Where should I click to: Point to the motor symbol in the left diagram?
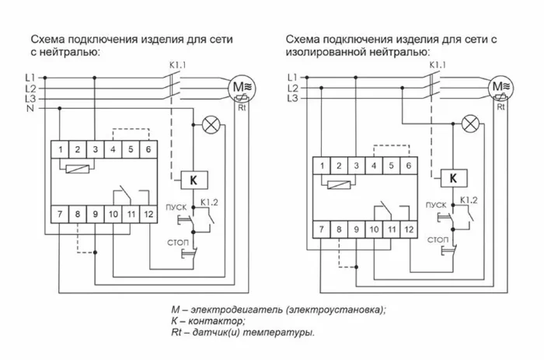point(240,89)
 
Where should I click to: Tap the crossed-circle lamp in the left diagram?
point(209,124)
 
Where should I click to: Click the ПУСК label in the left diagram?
point(175,205)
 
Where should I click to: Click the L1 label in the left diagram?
point(30,78)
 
